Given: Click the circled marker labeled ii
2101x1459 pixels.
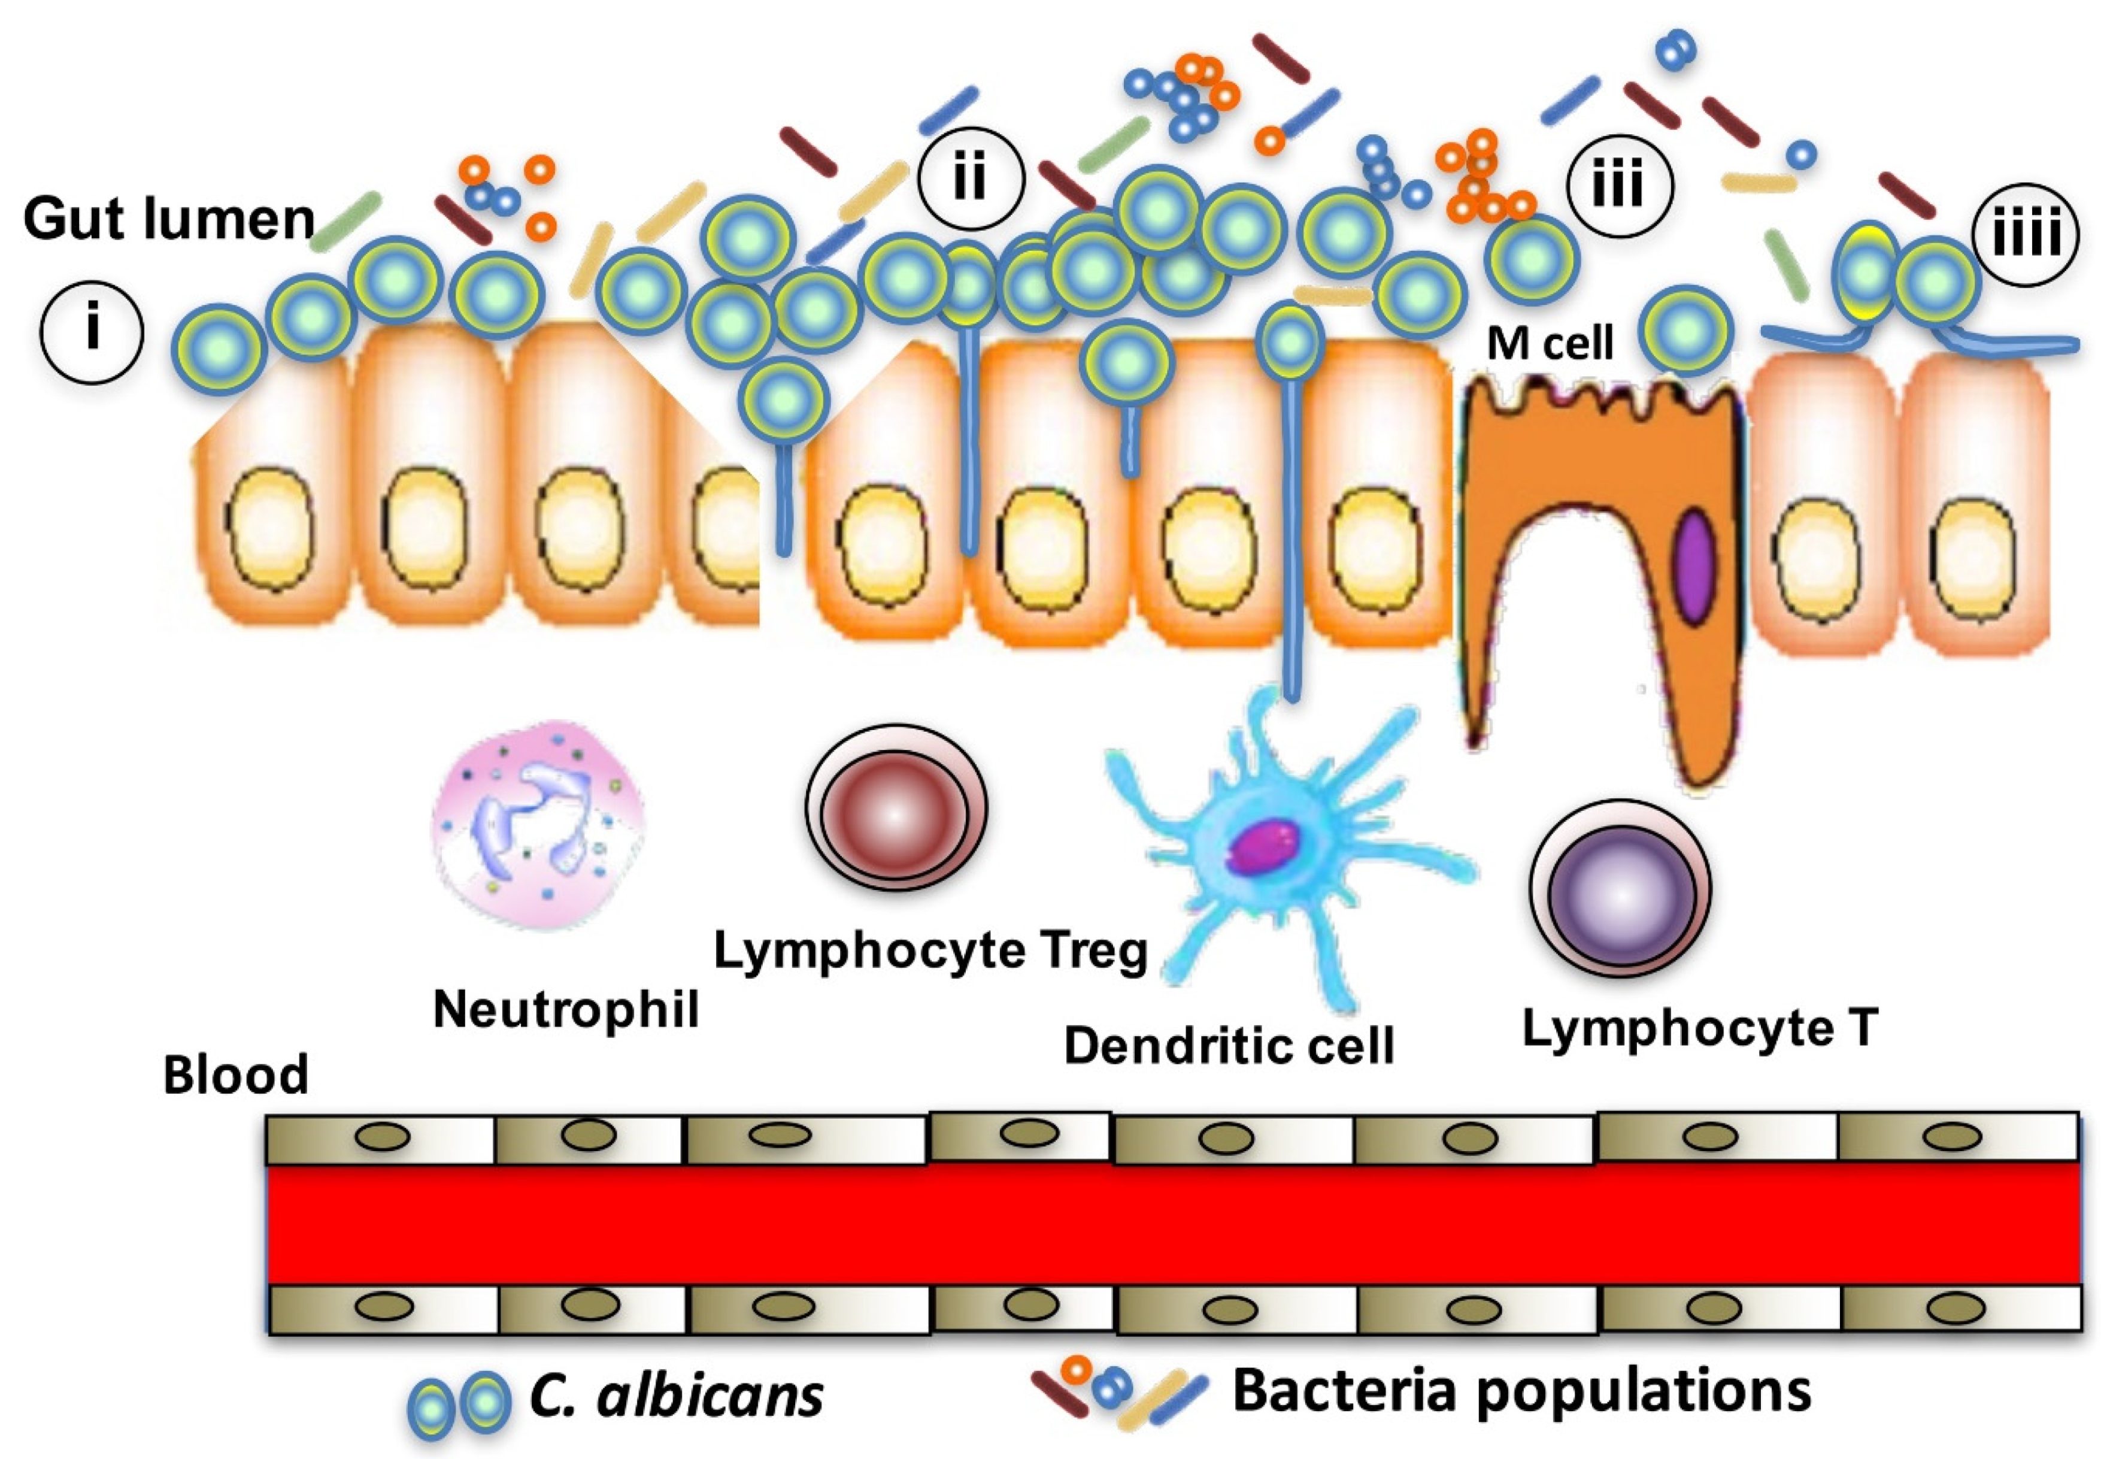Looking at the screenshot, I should tap(971, 179).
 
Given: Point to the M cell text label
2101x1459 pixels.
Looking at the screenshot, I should tap(1550, 344).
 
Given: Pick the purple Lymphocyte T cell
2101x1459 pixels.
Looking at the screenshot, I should tap(1620, 889).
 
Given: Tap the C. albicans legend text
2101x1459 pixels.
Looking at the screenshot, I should tap(676, 1396).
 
